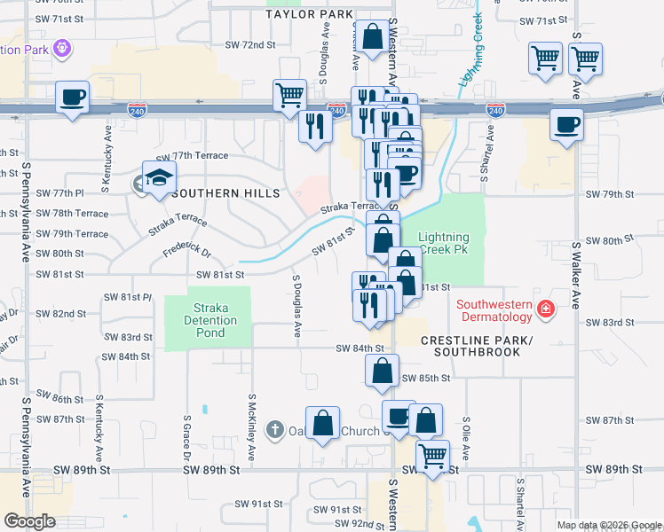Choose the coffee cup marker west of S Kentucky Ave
(x=72, y=98)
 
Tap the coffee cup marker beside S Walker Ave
(x=566, y=125)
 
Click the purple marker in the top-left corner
(x=62, y=47)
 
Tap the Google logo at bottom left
(x=28, y=520)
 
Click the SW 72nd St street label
(x=245, y=44)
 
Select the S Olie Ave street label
(x=465, y=430)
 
